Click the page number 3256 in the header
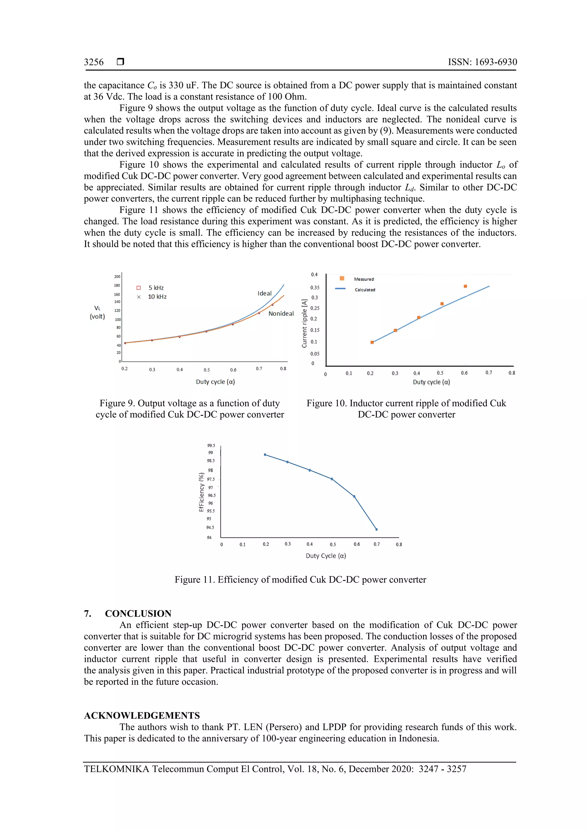tap(94, 62)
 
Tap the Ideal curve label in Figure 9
tap(264, 293)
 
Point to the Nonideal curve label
tap(281, 313)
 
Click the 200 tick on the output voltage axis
tap(117, 276)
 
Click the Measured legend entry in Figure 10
tap(363, 279)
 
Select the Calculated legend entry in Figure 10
tap(365, 290)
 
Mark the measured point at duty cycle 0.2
tap(372, 342)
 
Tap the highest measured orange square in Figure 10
tap(465, 286)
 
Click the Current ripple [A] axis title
tap(304, 323)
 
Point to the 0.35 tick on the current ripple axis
tap(315, 288)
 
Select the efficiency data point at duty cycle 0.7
tap(377, 529)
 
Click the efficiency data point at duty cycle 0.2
tap(265, 455)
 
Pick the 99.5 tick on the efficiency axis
tap(211, 445)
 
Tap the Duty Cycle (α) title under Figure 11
tap(326, 556)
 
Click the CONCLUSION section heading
tap(138, 613)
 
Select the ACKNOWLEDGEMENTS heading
tap(142, 715)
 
